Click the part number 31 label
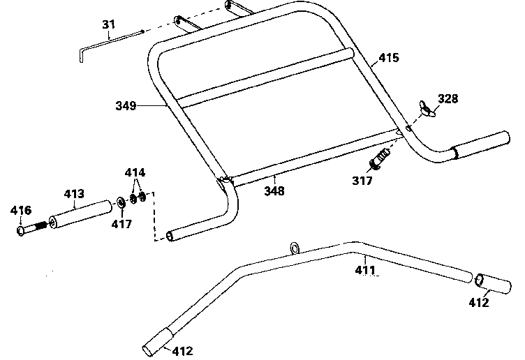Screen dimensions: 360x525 (x=108, y=24)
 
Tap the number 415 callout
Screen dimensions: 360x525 (x=389, y=58)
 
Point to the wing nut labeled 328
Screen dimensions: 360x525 (x=423, y=110)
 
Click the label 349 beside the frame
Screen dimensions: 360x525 (x=126, y=106)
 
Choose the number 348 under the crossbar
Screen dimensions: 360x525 (x=274, y=190)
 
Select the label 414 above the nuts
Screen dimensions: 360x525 (x=135, y=172)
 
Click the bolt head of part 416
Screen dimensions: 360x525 (x=21, y=229)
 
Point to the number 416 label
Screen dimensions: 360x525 (x=21, y=209)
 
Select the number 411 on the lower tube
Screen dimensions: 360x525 (x=365, y=269)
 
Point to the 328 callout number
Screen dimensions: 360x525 (x=448, y=98)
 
